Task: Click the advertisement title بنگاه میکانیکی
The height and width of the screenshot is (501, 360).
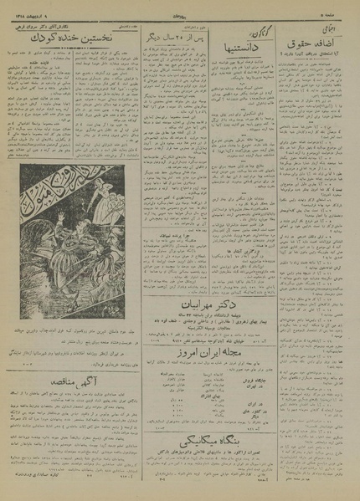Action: point(227,447)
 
